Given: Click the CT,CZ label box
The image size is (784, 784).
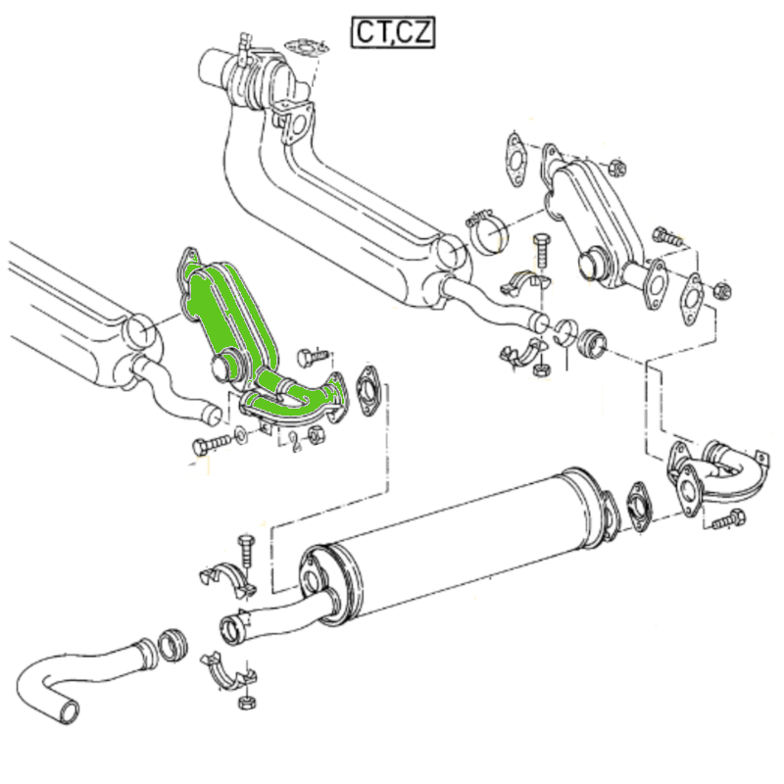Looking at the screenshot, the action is [x=393, y=32].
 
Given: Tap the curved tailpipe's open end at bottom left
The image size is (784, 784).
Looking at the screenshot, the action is [x=69, y=712].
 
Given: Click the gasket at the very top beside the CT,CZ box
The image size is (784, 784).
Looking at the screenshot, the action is [x=307, y=47].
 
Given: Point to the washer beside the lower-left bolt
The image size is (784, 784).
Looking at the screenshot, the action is [x=240, y=435].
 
